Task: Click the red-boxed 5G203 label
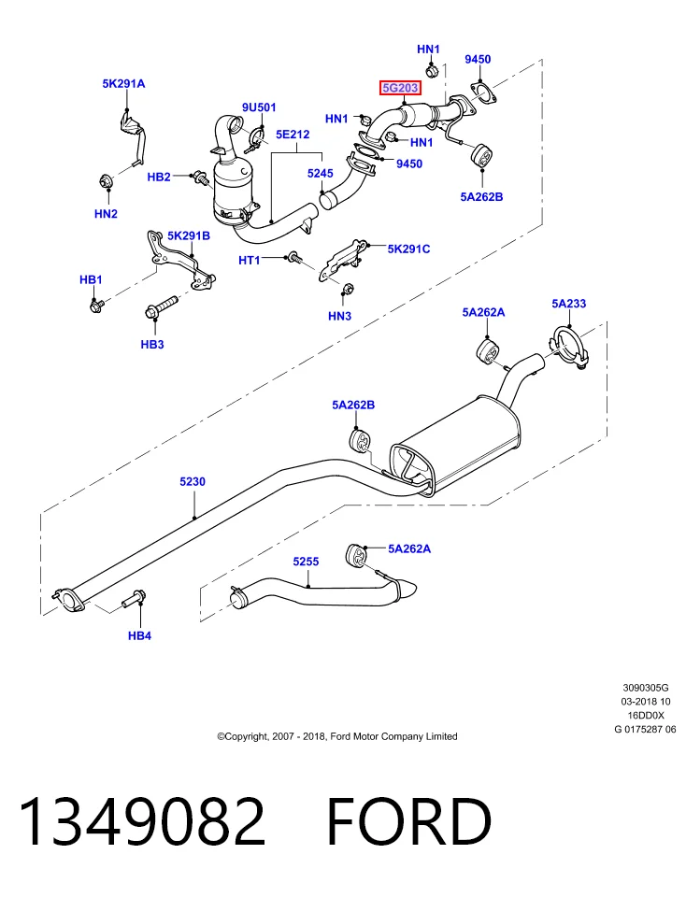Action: tap(401, 88)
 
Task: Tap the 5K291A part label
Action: tap(123, 83)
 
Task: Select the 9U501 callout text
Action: tap(259, 107)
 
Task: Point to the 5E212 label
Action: tap(293, 135)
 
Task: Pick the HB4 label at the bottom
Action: tap(139, 635)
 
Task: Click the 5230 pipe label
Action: tap(193, 482)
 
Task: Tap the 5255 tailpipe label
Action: tap(306, 562)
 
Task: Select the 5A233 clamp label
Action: tap(569, 303)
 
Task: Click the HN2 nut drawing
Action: tap(106, 180)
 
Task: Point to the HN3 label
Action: tap(339, 316)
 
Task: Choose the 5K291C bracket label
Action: tap(408, 249)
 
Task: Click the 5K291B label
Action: tap(188, 235)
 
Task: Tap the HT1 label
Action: tap(249, 261)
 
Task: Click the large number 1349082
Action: tap(142, 821)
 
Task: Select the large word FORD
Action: tap(408, 821)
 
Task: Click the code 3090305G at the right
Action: tap(646, 688)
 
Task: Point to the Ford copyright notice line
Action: tap(337, 736)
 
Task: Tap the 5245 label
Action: tap(320, 174)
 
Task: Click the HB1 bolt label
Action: tap(91, 279)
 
